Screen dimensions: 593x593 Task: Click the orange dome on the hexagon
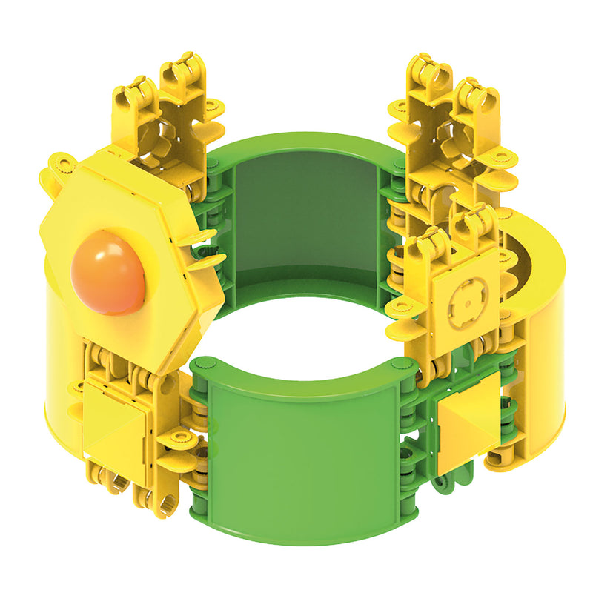[x=107, y=271]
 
